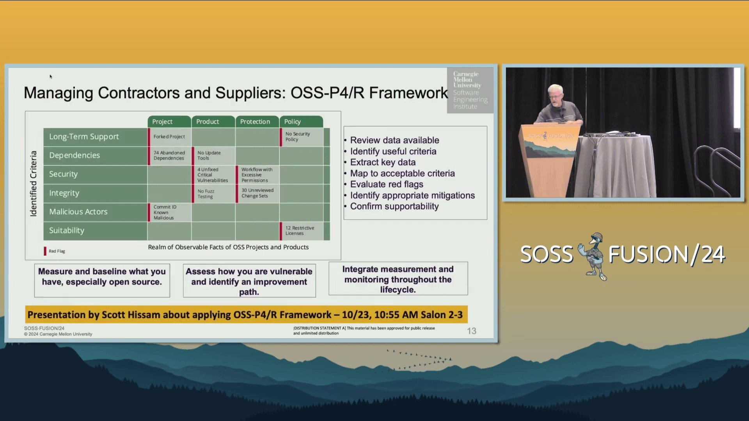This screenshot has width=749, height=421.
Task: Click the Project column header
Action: point(169,122)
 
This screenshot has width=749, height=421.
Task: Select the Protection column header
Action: point(257,122)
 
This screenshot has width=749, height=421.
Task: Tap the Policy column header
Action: point(301,122)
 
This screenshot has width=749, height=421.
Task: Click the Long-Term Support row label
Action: point(95,137)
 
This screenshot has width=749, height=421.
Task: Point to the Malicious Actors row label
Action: point(95,212)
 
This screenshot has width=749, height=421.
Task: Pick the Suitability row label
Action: point(95,231)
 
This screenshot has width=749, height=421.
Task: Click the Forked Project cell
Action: point(169,137)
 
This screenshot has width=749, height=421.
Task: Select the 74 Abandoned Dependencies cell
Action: point(169,156)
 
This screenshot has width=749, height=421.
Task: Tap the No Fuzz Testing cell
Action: point(213,194)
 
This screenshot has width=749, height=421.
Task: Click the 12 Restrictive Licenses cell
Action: point(301,231)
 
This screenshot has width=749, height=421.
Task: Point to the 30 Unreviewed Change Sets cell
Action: point(257,193)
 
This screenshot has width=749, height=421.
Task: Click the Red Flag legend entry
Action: point(55,251)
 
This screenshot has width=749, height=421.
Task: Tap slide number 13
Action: point(472,331)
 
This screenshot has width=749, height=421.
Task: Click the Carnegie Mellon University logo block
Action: point(470,90)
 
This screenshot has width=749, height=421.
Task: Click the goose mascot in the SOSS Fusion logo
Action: point(592,256)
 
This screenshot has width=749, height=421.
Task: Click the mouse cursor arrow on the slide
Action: point(51,76)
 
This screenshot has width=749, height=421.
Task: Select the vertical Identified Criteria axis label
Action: point(34,184)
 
